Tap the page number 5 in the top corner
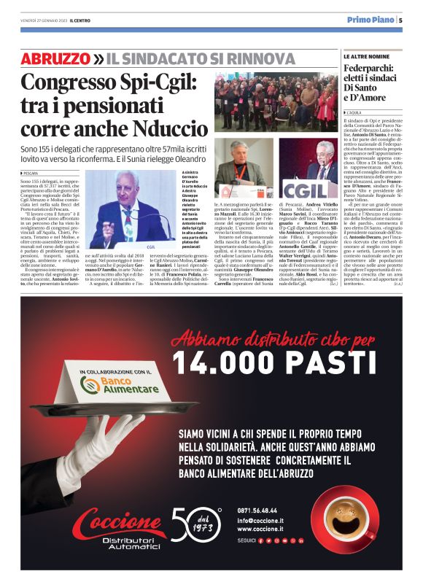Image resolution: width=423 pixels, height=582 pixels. click(400, 20)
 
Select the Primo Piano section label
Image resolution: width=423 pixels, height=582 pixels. click(370, 20)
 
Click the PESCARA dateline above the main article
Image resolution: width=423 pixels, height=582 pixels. click(34, 172)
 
